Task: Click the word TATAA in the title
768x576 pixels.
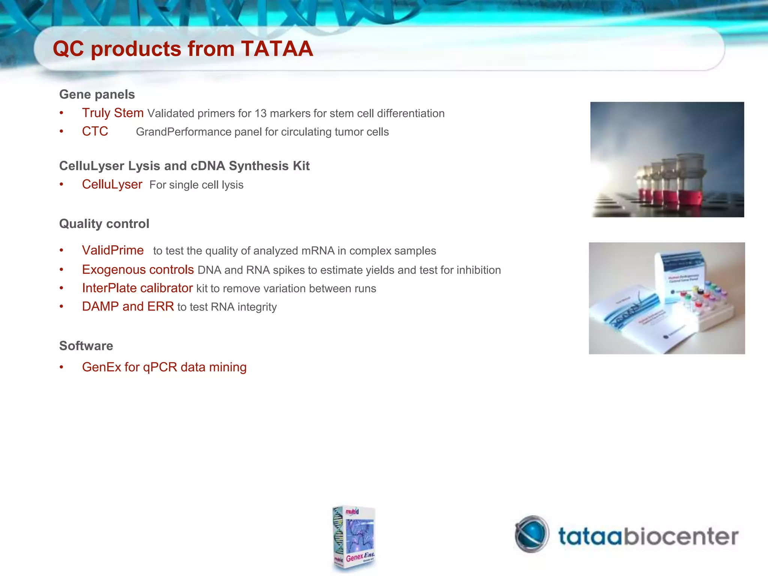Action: click(x=277, y=49)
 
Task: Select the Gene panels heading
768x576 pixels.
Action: click(x=97, y=94)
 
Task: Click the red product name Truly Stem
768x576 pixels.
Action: click(x=112, y=113)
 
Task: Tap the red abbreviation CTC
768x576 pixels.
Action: click(x=95, y=131)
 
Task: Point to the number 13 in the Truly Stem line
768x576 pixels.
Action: click(x=260, y=113)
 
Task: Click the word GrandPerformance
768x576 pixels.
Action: click(x=183, y=132)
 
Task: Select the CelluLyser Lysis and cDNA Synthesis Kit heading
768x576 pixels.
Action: click(x=184, y=166)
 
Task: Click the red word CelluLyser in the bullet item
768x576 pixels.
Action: click(x=112, y=184)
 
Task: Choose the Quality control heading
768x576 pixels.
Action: click(x=104, y=223)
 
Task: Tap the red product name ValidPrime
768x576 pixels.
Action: click(x=112, y=250)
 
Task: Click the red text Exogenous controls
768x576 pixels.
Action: click(x=138, y=270)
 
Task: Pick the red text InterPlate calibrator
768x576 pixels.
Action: click(x=137, y=288)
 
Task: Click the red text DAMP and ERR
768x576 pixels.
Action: click(x=128, y=306)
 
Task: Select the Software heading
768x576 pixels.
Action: click(x=86, y=345)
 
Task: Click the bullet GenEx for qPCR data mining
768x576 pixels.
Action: click(x=164, y=367)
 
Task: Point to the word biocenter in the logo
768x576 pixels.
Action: click(x=680, y=536)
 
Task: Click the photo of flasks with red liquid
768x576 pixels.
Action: click(x=667, y=160)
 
